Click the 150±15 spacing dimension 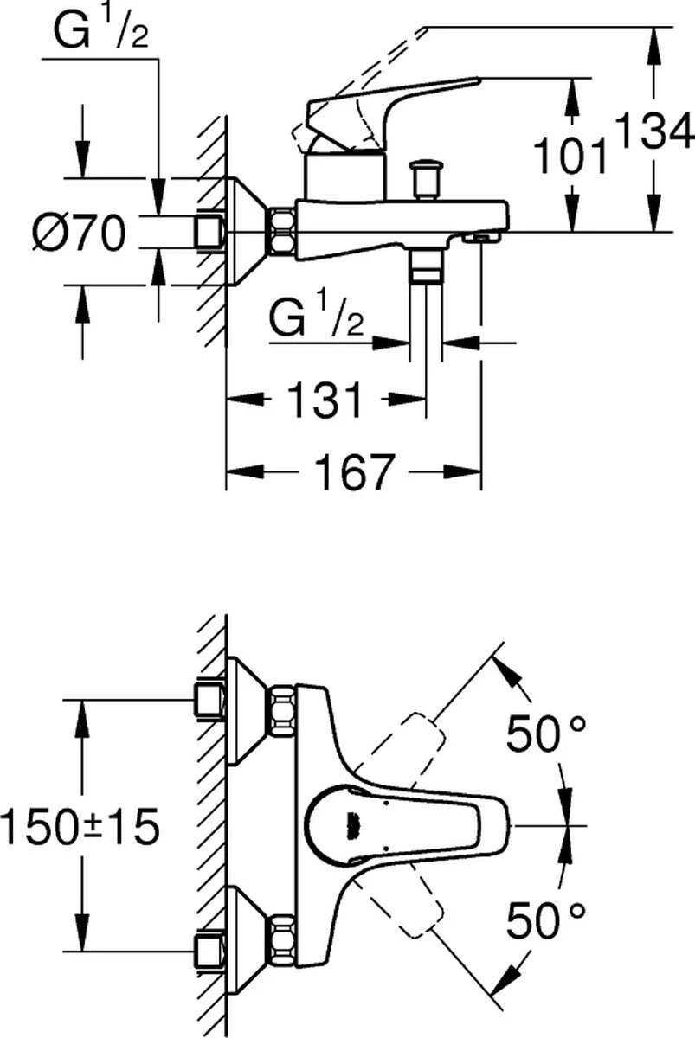tap(80, 828)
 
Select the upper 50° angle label tap(546, 734)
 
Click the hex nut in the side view tap(283, 231)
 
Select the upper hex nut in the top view tap(282, 710)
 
